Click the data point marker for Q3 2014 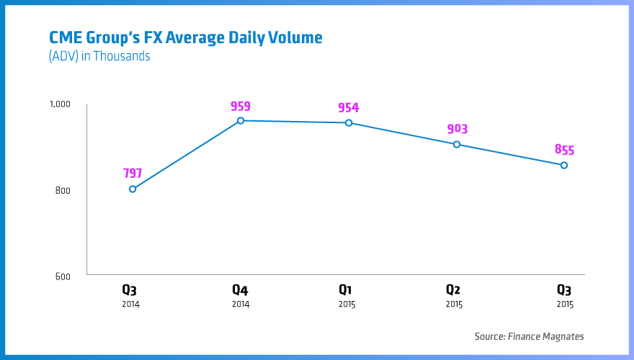133,189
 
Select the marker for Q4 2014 241,120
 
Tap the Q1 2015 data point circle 349,122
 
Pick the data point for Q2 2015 457,144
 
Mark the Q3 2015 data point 564,165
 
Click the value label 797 133,174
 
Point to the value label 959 241,106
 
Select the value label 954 349,108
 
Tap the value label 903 457,129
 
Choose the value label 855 564,150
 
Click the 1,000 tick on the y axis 60,104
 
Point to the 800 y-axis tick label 63,191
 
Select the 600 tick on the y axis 63,276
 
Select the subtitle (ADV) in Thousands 99,56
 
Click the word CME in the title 65,37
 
